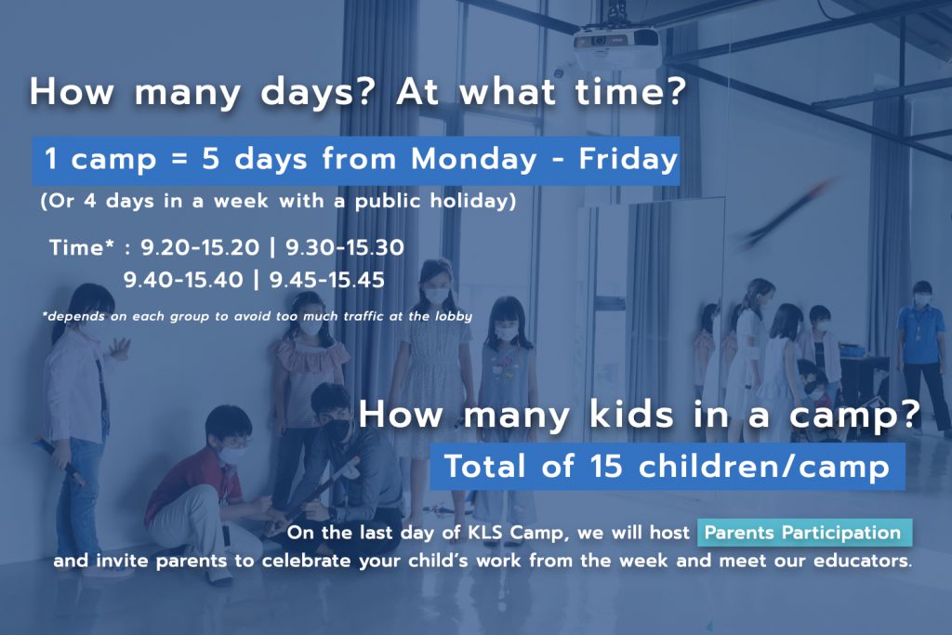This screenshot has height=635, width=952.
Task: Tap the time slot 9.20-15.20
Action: pos(200,247)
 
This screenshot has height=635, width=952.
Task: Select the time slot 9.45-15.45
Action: pos(326,280)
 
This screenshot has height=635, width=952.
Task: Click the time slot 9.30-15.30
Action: pos(344,247)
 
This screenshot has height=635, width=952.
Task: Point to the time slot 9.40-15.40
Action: pos(183,280)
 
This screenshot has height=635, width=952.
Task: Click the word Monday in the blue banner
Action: pos(474,159)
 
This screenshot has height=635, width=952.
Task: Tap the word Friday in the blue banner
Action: pos(628,159)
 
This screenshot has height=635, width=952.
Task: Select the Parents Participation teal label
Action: pos(804,533)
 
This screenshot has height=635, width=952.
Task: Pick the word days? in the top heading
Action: pos(316,93)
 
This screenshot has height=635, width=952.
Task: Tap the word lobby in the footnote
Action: pos(454,316)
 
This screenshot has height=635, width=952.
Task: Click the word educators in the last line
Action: pos(861,561)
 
